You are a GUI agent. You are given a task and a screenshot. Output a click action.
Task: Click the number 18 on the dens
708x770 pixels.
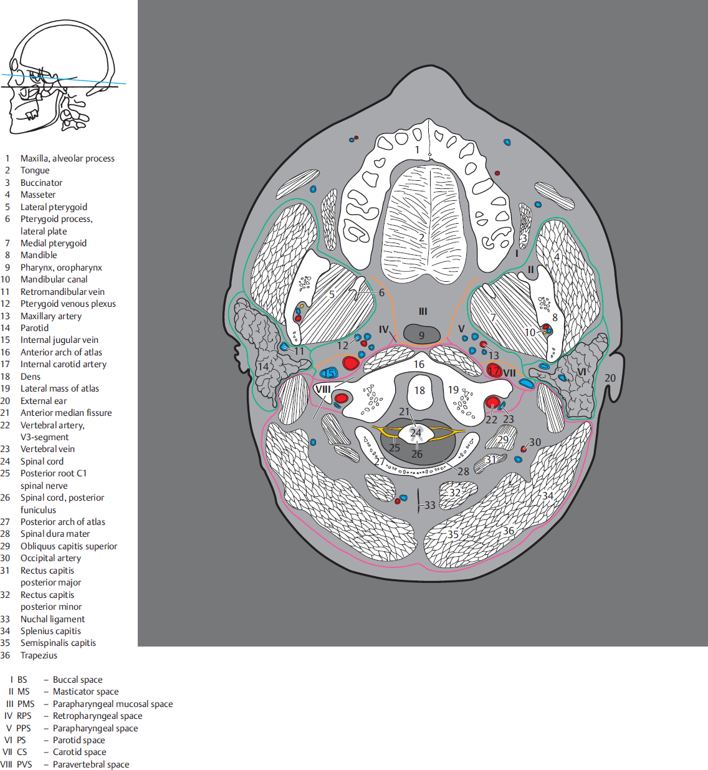419,390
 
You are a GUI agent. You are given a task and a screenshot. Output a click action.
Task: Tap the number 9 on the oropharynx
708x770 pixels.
421,335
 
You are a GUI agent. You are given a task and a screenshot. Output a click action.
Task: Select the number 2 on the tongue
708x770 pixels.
421,238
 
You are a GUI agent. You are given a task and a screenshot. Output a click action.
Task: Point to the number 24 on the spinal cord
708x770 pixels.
416,433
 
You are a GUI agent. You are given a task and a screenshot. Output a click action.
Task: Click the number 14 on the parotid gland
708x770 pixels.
264,366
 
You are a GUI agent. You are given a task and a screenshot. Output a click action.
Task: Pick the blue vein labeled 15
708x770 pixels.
328,373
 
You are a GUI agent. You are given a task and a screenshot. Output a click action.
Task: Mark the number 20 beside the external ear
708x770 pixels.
610,378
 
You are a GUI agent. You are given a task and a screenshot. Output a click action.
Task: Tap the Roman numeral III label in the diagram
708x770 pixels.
423,311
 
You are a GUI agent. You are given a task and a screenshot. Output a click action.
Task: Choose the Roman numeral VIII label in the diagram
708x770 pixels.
322,389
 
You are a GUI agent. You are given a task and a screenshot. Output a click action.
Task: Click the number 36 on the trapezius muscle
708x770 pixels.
509,531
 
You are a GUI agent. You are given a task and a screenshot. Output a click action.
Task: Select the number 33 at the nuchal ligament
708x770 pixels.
430,505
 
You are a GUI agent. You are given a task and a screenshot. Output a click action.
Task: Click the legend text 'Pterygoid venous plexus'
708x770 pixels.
68,304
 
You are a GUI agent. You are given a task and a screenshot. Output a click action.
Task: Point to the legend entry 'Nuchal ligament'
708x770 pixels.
52,619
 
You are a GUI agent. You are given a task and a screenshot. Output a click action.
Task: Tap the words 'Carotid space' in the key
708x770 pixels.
79,752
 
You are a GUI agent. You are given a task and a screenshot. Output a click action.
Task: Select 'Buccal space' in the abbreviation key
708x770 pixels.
77,680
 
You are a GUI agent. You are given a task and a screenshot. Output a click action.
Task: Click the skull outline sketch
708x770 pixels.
62,75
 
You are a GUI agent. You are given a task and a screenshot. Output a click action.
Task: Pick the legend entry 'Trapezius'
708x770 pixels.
39,655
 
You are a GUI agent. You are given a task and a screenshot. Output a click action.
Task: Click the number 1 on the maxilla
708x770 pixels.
418,150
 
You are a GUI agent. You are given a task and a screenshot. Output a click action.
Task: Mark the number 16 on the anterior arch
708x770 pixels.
419,364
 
